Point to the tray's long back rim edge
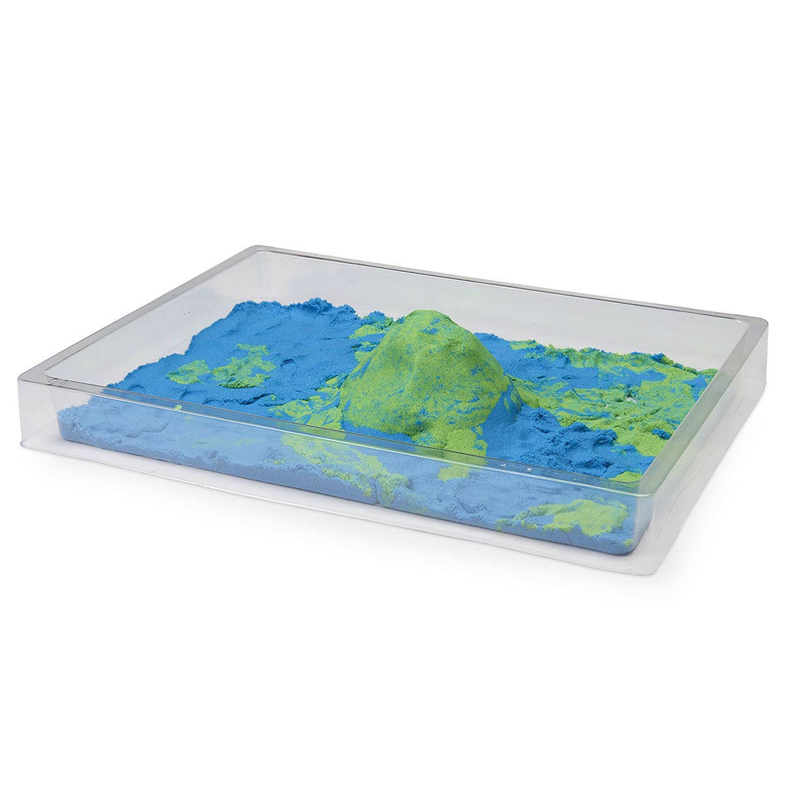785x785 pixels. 510,281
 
